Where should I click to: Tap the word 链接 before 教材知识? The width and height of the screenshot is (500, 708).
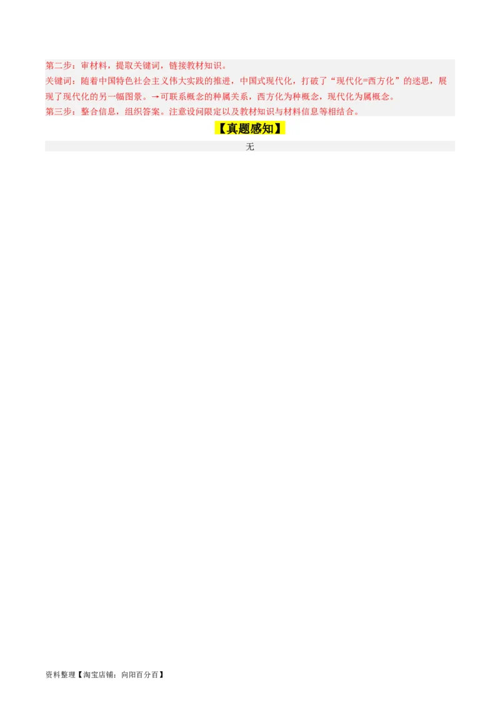click(x=177, y=66)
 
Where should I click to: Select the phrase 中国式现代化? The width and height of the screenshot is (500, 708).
click(x=266, y=81)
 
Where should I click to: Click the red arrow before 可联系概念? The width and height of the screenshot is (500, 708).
click(x=155, y=97)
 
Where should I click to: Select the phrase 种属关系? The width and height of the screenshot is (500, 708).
click(x=230, y=96)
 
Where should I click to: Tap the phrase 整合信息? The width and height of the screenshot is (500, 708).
click(x=98, y=112)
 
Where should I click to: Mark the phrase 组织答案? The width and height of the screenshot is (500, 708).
click(x=142, y=112)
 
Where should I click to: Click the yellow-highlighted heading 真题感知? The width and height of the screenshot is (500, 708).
click(x=250, y=129)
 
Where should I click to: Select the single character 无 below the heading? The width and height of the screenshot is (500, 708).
click(x=250, y=147)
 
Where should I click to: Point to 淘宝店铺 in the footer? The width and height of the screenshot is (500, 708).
click(x=100, y=675)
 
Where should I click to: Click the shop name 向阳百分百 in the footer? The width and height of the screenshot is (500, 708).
click(x=140, y=675)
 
